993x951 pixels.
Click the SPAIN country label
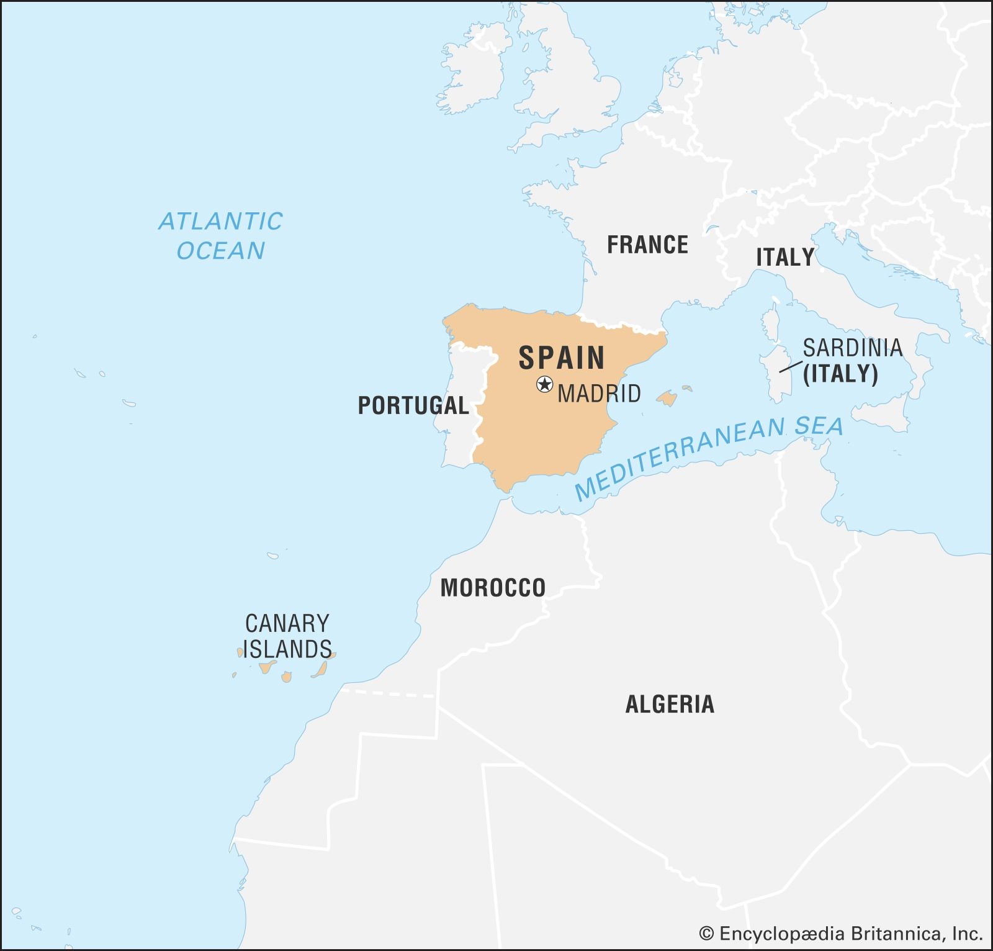(x=562, y=358)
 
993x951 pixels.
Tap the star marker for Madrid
(x=544, y=384)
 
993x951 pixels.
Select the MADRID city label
(x=599, y=394)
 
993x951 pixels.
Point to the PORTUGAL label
(x=413, y=405)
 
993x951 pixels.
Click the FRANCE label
(x=647, y=245)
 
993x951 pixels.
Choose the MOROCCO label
(x=493, y=587)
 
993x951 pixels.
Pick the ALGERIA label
(x=670, y=704)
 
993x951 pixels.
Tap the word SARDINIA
(x=853, y=348)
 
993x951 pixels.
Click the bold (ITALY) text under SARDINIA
(x=840, y=374)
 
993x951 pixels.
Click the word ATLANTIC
(x=220, y=222)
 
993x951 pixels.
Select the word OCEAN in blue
(x=220, y=251)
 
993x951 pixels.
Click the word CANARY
(x=287, y=623)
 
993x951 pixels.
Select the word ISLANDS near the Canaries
(x=287, y=649)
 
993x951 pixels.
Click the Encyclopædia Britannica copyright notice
(x=841, y=934)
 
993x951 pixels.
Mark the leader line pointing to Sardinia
(x=791, y=366)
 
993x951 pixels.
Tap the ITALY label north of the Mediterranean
(x=784, y=257)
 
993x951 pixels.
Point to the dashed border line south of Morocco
(x=388, y=693)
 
